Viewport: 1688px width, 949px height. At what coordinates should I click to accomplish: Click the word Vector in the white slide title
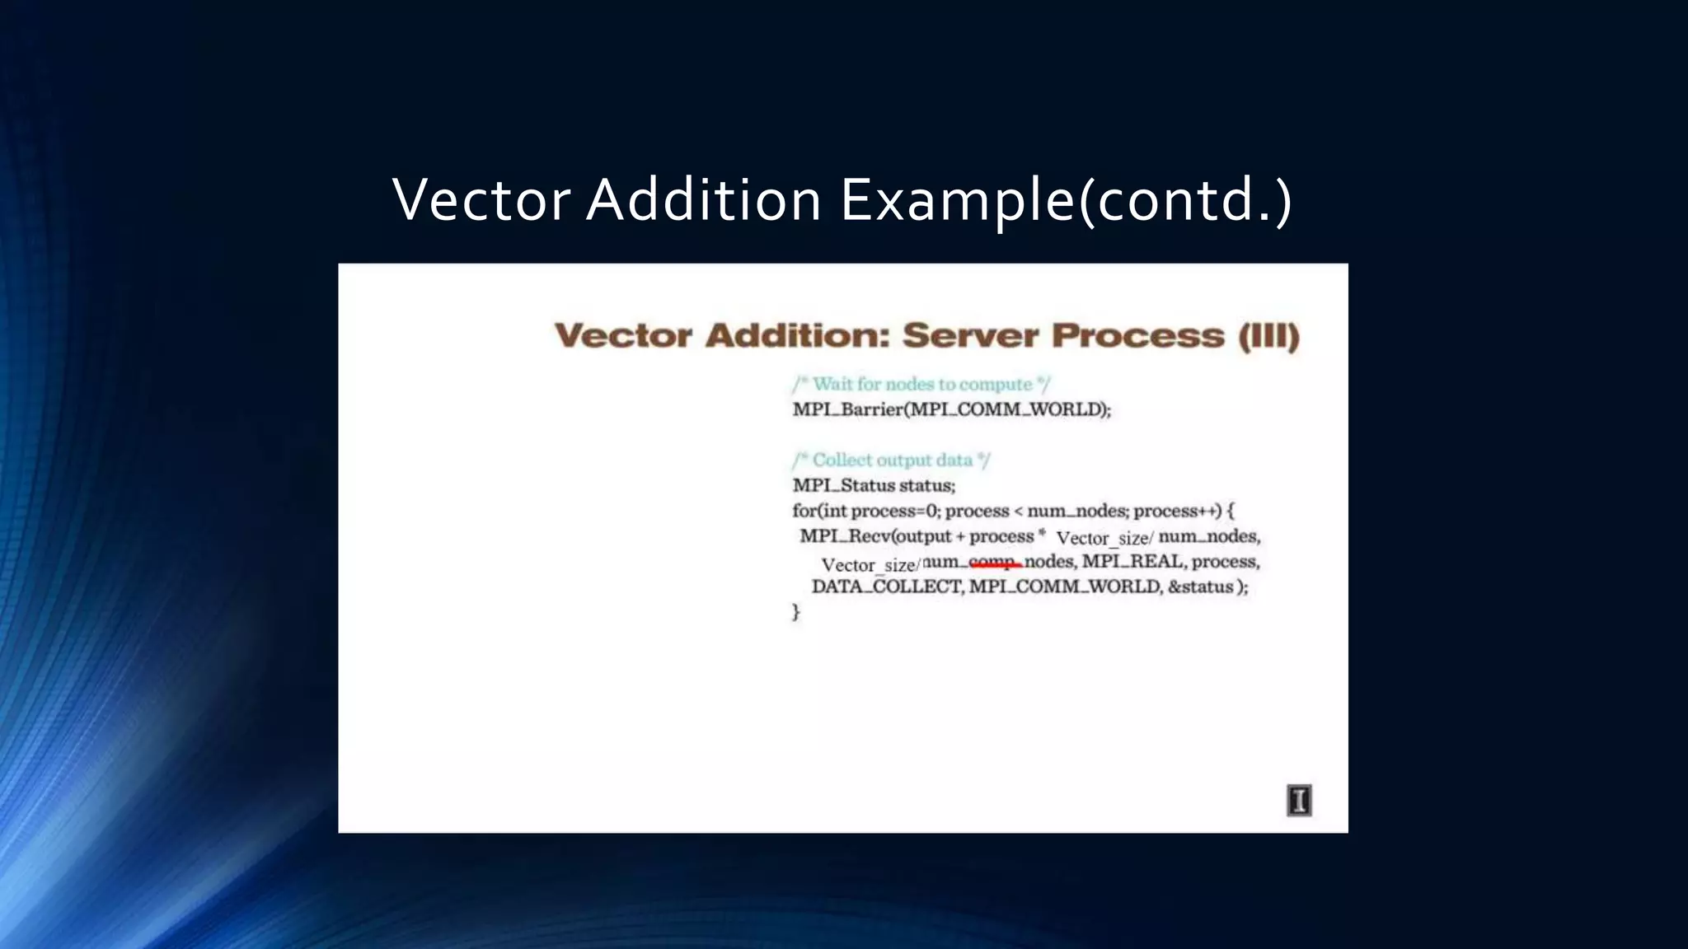coord(481,200)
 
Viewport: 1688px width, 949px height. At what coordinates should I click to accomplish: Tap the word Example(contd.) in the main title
coord(1066,200)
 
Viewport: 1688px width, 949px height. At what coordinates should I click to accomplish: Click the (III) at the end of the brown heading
coord(1268,336)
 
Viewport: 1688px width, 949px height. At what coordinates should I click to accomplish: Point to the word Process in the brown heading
coord(1138,336)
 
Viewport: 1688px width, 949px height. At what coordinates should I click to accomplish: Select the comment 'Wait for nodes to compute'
coord(921,384)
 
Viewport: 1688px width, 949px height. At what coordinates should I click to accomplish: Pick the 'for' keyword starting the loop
coord(804,511)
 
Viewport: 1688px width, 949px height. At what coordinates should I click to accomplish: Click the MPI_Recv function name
coord(845,536)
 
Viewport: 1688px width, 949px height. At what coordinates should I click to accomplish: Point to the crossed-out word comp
coord(995,562)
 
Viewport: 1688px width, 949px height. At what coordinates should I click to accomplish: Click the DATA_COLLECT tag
coord(886,587)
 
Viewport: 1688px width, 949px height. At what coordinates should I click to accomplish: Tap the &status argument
coord(1201,587)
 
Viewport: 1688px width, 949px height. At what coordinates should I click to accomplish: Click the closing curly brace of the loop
coord(796,612)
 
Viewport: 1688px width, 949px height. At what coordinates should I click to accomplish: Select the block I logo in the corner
coord(1299,800)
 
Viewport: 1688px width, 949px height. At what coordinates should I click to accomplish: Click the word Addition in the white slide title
coord(703,200)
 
